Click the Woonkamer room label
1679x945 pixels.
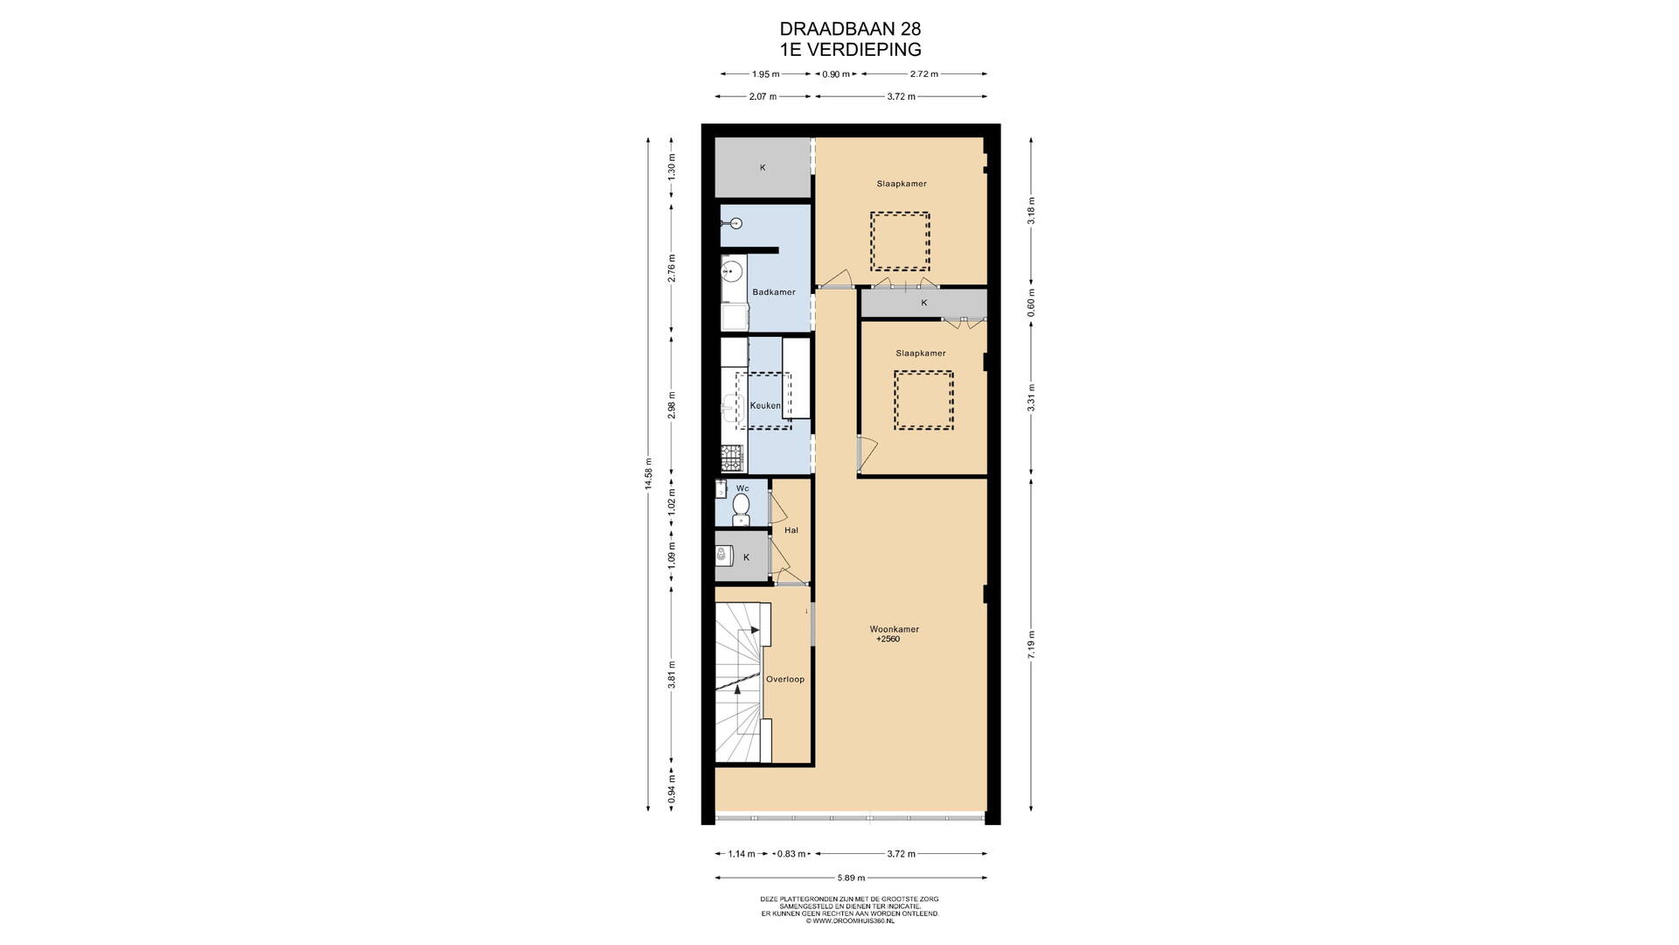[x=894, y=629]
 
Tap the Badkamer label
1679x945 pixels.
[x=774, y=292]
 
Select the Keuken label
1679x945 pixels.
[x=765, y=406]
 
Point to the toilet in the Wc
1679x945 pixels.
[x=741, y=507]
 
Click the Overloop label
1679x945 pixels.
[x=784, y=679]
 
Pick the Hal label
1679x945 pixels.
[x=791, y=530]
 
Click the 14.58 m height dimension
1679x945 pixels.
[x=648, y=475]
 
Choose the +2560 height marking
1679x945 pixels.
[x=888, y=640]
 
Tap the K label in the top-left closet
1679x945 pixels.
[x=763, y=167]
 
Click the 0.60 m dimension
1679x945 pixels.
[x=1032, y=303]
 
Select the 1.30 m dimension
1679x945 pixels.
[x=672, y=172]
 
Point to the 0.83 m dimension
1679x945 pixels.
[x=791, y=854]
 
